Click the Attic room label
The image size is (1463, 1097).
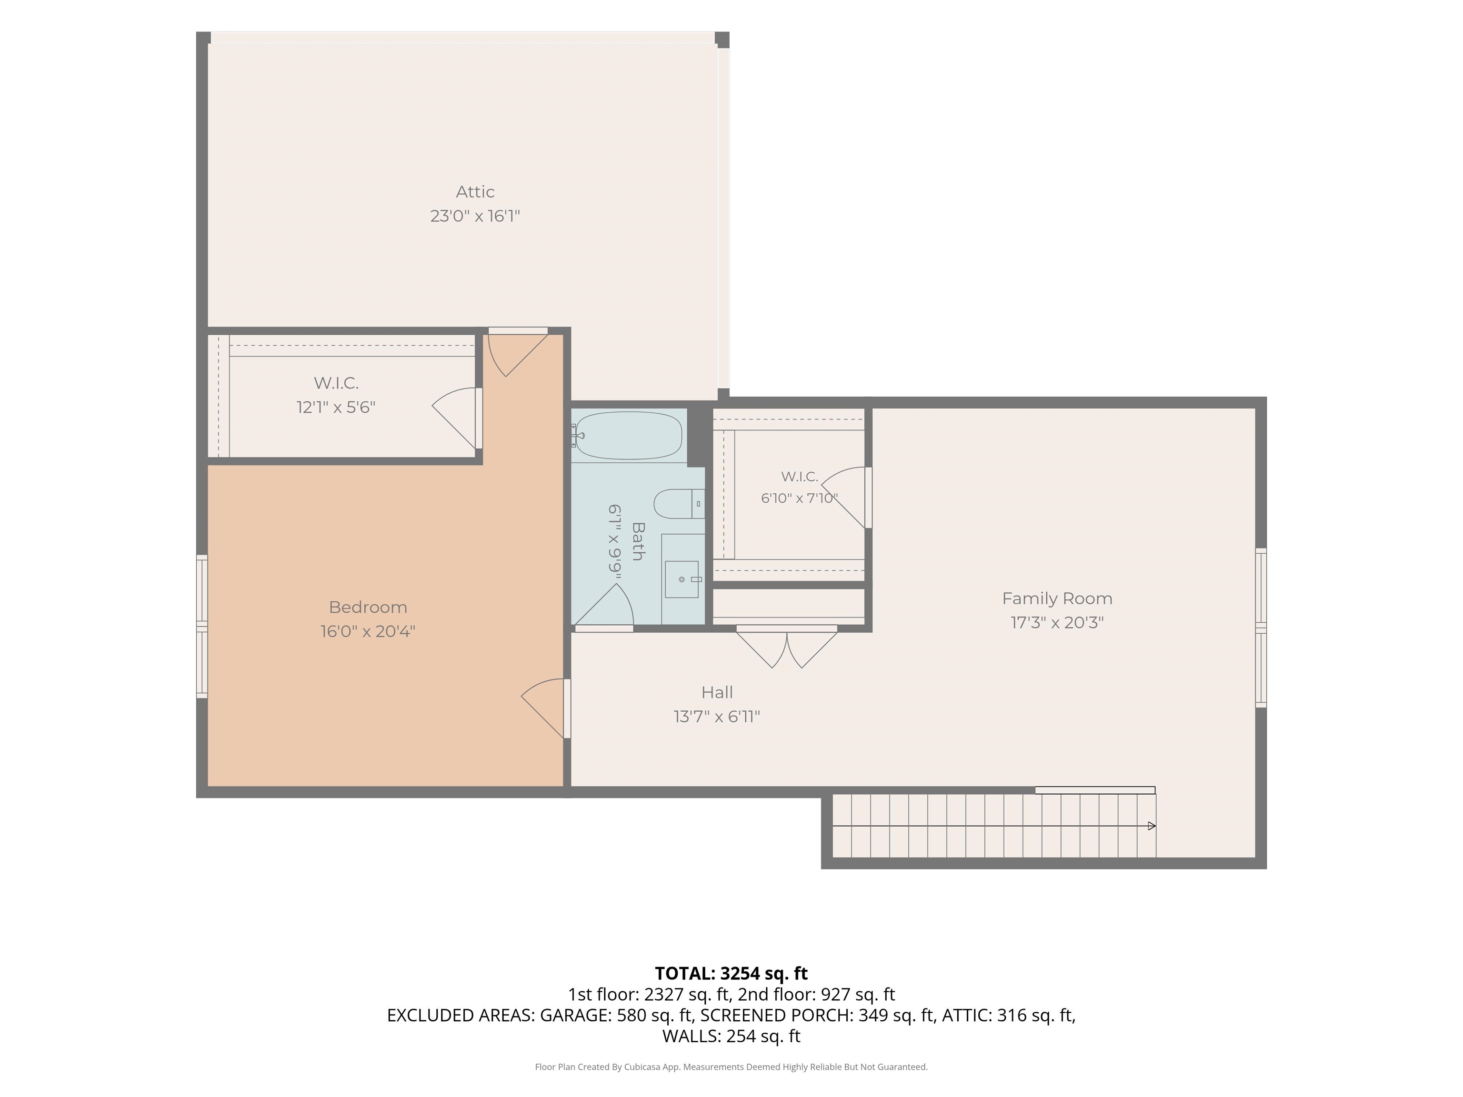(475, 192)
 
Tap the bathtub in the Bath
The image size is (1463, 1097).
(628, 435)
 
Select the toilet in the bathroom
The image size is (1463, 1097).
(679, 504)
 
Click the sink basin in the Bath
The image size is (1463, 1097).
(681, 579)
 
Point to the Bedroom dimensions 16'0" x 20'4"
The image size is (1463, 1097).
(368, 631)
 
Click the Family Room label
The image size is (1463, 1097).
(1057, 598)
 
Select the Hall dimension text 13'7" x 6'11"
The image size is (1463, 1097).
(717, 716)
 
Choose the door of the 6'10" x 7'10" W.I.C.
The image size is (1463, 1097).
(847, 497)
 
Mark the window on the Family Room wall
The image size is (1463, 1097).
(1261, 628)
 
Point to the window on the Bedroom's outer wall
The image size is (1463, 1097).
(202, 626)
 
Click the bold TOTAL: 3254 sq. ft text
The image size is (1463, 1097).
(731, 973)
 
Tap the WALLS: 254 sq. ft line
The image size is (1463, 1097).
(731, 1036)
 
